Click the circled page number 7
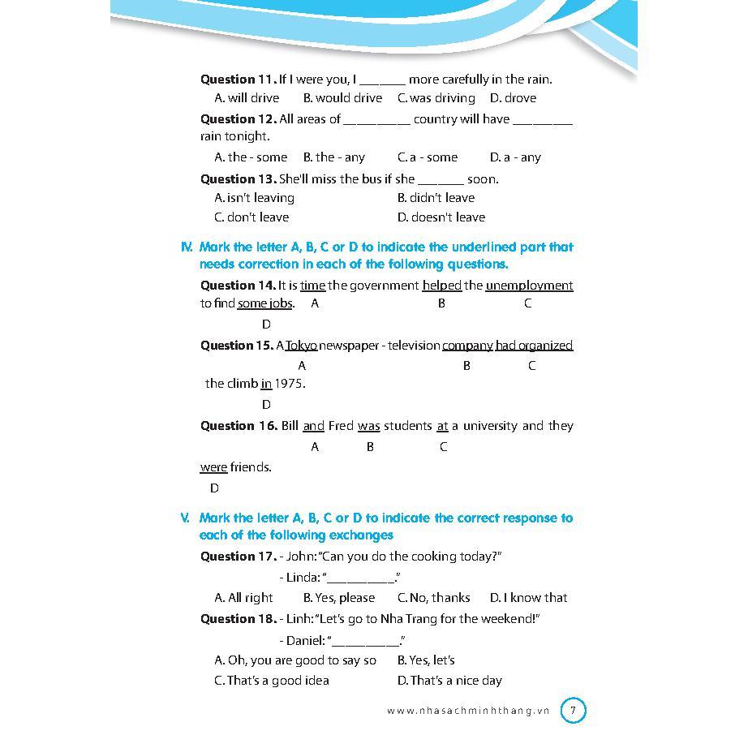click(573, 711)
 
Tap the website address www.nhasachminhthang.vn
click(468, 711)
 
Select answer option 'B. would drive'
click(342, 98)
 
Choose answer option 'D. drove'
click(513, 98)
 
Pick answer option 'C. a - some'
click(428, 157)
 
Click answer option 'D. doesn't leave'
click(441, 217)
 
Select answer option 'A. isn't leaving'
click(254, 198)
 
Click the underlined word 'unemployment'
click(529, 286)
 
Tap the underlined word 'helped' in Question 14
click(442, 286)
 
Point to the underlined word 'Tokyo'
click(301, 346)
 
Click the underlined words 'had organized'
click(534, 346)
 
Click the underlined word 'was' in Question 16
click(368, 426)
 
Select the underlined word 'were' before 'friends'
click(213, 467)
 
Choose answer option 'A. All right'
click(243, 598)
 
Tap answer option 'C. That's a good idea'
click(272, 681)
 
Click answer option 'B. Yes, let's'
click(426, 660)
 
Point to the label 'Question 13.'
click(238, 179)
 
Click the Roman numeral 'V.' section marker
click(186, 518)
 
